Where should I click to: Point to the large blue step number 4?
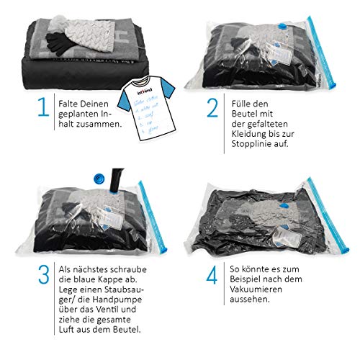212,275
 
